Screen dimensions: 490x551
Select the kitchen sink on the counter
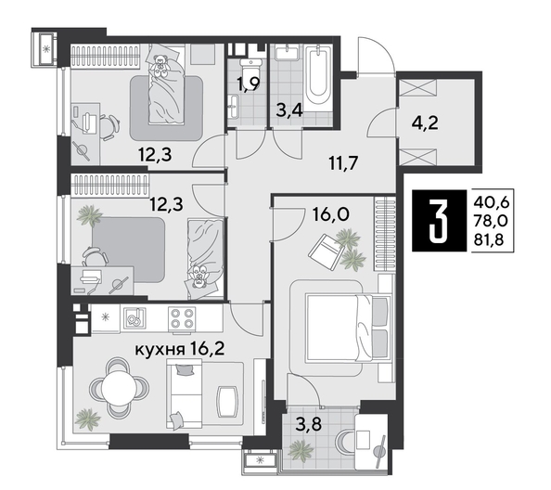[x=134, y=318]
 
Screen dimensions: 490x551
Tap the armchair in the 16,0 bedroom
[x=327, y=246]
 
